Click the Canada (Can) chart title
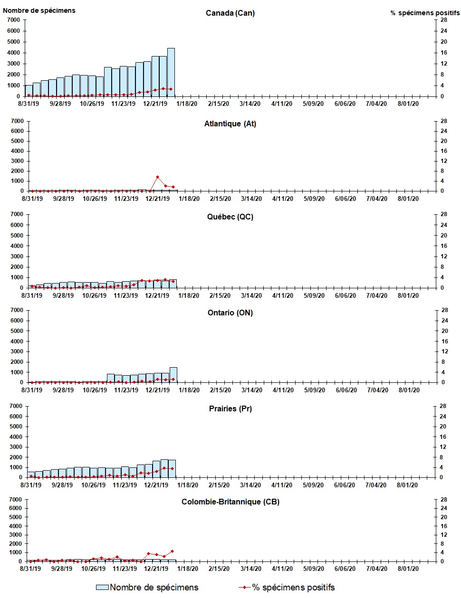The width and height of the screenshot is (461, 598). (230, 13)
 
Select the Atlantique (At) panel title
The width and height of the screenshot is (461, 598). (230, 123)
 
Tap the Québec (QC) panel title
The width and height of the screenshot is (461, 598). (230, 217)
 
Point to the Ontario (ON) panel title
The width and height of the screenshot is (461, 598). (230, 313)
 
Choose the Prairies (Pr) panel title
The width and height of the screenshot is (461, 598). (230, 408)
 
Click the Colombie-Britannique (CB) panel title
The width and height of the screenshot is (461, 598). (230, 502)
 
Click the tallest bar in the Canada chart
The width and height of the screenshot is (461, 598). (171, 72)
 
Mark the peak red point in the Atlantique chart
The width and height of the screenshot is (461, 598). (157, 177)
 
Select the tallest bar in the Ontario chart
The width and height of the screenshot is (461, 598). (173, 375)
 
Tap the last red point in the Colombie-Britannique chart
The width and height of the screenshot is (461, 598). (172, 551)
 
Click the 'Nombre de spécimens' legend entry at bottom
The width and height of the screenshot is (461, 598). (147, 588)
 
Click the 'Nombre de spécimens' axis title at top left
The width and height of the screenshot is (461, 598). (39, 10)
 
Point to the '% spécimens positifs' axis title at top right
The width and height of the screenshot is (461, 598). (425, 13)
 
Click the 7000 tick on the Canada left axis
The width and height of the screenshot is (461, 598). (13, 20)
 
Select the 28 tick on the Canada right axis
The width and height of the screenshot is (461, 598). (443, 20)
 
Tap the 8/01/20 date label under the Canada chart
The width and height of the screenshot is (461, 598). (408, 104)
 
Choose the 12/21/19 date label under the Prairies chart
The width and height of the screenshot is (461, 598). (156, 485)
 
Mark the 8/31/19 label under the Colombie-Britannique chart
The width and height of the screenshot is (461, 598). (30, 569)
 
